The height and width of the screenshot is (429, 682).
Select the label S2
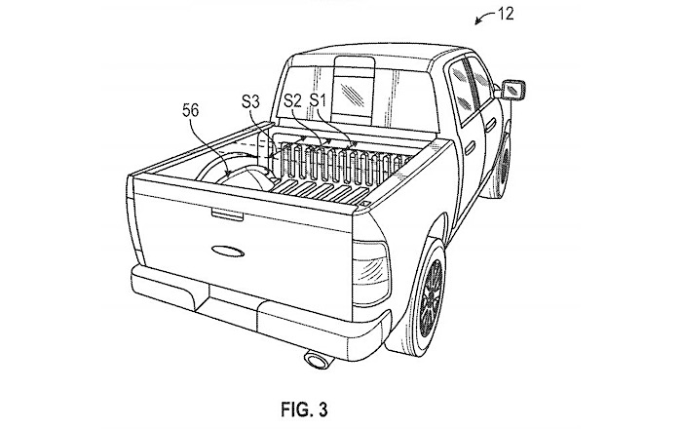pyautogui.click(x=292, y=99)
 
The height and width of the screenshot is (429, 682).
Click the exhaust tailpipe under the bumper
pyautogui.click(x=318, y=363)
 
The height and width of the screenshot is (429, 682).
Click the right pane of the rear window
pyautogui.click(x=390, y=91)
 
